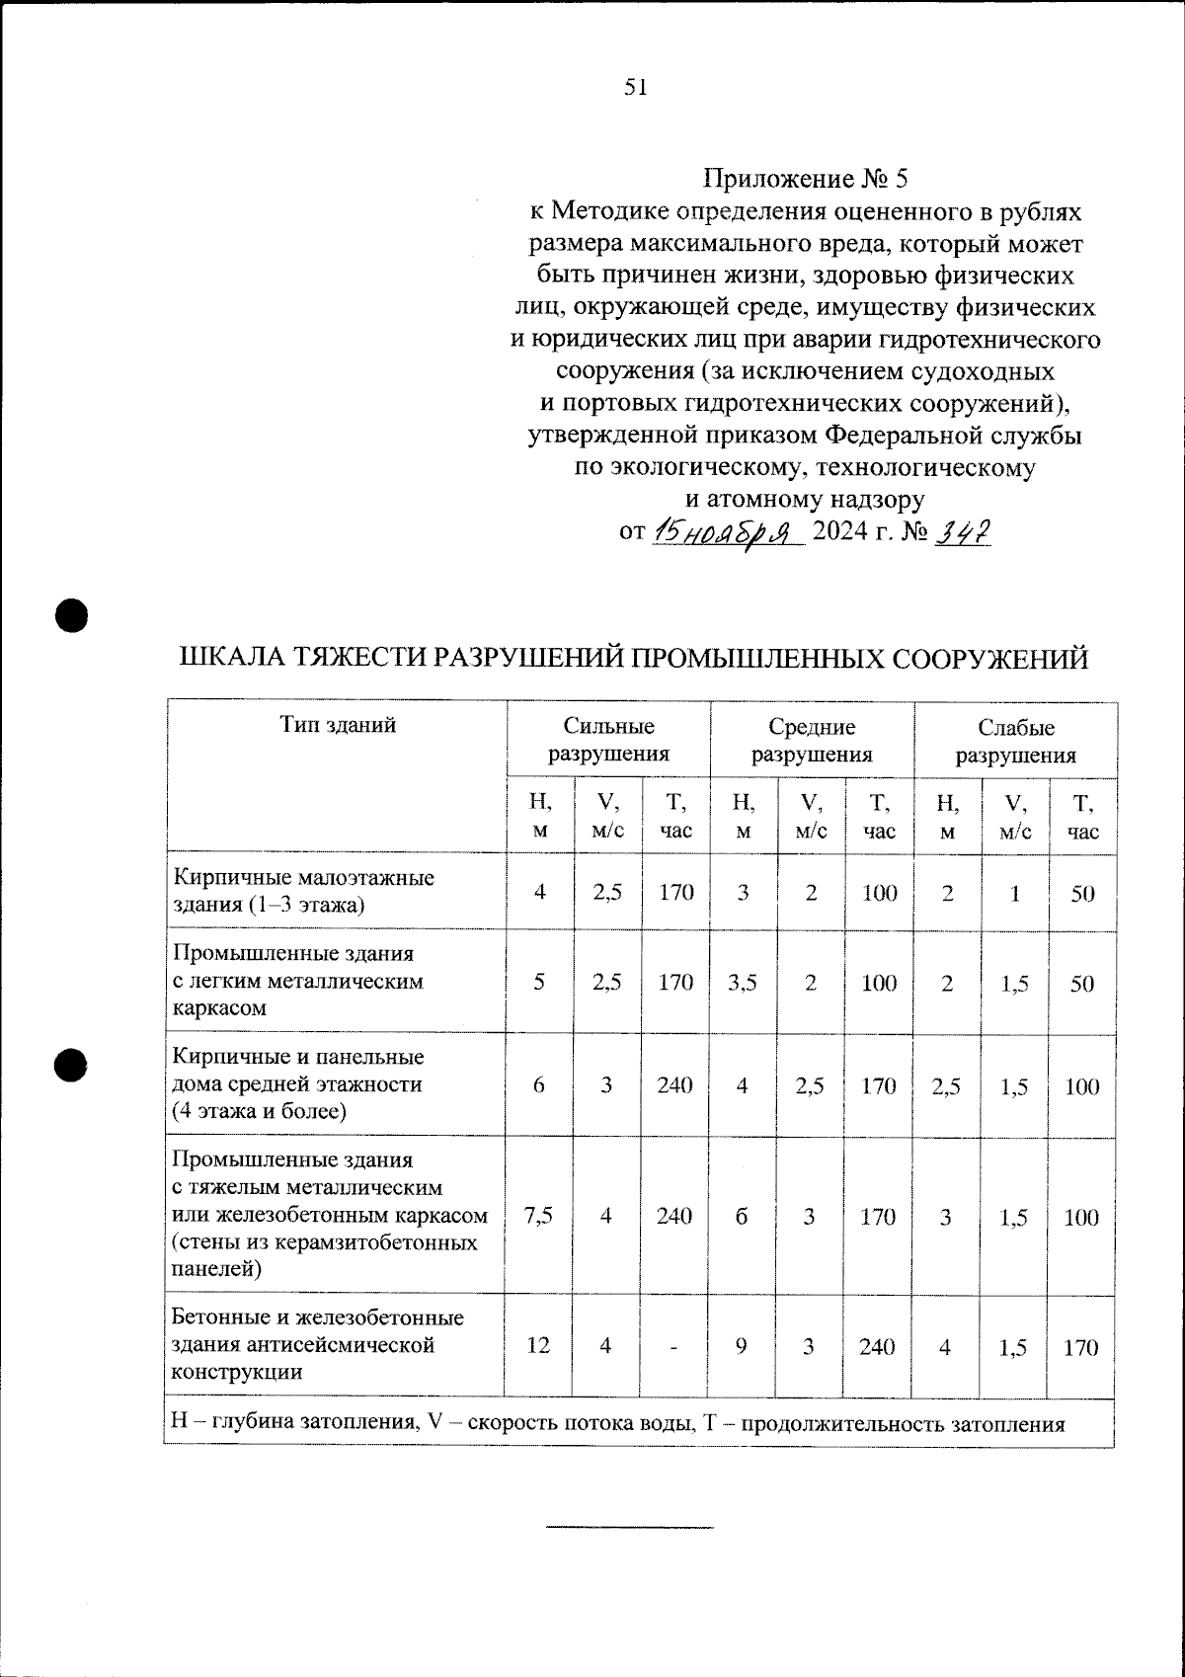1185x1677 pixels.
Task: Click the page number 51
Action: click(x=635, y=87)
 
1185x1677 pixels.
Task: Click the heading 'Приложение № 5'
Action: click(x=804, y=179)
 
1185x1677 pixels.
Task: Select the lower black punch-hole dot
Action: click(x=71, y=1064)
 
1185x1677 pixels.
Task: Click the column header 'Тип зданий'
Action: click(x=338, y=725)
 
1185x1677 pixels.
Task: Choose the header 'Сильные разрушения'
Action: click(x=608, y=741)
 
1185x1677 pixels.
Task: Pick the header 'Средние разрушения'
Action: click(x=812, y=741)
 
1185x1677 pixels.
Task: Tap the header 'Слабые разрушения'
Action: click(x=1015, y=741)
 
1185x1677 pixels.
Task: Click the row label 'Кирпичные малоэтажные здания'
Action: click(x=304, y=891)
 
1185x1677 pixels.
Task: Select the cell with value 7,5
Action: click(x=539, y=1216)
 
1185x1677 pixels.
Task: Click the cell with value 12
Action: click(x=538, y=1345)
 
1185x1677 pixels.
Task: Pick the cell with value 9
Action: click(x=742, y=1345)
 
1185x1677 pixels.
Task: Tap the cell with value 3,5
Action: click(x=743, y=982)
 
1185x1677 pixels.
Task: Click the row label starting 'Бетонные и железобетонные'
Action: click(x=318, y=1344)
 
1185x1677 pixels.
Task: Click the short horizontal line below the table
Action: click(x=630, y=1528)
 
